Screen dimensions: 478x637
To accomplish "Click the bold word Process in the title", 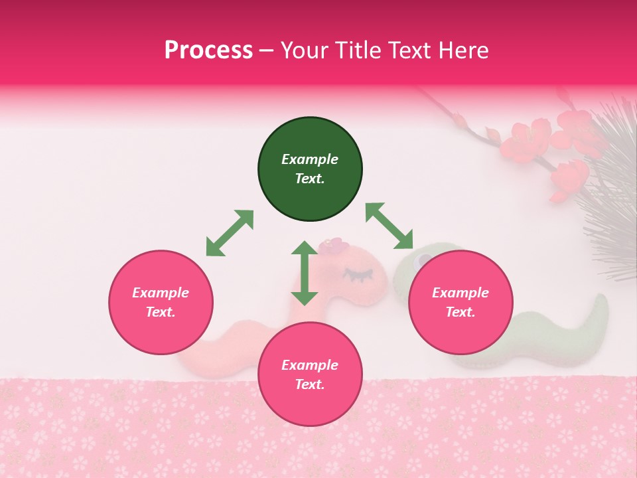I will [x=208, y=50].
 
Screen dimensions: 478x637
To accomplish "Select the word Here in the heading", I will [x=463, y=50].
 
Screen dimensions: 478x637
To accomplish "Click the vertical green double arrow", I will [x=305, y=273].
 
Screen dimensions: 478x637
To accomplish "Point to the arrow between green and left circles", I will [x=230, y=233].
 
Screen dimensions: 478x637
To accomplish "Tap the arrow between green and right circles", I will [x=389, y=226].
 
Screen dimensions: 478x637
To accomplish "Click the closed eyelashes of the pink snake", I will [x=358, y=274].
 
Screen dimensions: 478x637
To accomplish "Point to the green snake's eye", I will [x=421, y=260].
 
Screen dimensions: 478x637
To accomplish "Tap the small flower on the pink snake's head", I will [x=334, y=246].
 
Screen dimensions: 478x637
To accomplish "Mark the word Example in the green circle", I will [x=310, y=159].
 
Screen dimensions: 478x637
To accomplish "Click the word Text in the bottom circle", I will [x=309, y=384].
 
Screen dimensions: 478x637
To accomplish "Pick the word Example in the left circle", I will [x=161, y=293].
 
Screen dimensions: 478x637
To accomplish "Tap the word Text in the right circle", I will [x=459, y=312].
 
